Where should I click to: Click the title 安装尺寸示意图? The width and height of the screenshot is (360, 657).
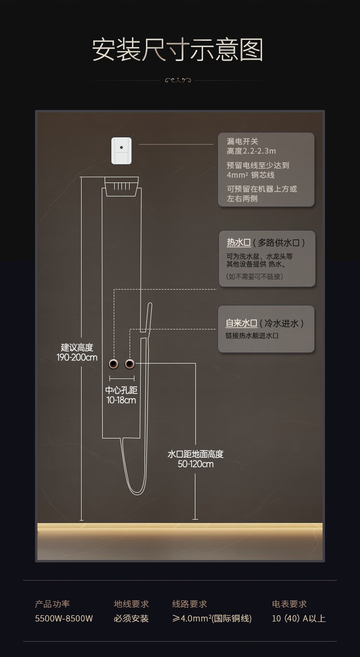[x=178, y=50]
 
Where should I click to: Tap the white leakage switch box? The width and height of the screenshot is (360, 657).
[x=121, y=150]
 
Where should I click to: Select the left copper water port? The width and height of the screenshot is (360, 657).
[x=114, y=364]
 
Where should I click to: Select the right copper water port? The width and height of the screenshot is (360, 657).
[x=129, y=364]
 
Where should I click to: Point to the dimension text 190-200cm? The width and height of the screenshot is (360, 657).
[x=77, y=357]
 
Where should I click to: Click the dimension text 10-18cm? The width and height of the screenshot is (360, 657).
[x=121, y=400]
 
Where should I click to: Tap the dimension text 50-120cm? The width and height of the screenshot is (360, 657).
[x=195, y=464]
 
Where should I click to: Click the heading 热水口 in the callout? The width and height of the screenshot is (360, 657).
[x=239, y=243]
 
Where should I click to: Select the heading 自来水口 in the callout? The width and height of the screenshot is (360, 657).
[x=241, y=323]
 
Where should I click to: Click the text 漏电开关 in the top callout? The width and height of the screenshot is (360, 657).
[x=242, y=141]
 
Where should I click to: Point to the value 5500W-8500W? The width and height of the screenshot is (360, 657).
[x=64, y=619]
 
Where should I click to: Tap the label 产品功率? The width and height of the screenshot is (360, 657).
[x=52, y=604]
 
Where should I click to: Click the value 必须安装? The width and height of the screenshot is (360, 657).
[x=131, y=619]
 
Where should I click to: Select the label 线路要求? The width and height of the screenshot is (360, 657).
[x=190, y=604]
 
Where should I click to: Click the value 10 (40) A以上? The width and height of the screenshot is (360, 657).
[x=299, y=619]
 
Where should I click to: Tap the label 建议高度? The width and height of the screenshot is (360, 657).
[x=77, y=347]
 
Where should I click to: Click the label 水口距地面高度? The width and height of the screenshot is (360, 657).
[x=195, y=454]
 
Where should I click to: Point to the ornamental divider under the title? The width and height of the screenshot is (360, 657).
[x=178, y=80]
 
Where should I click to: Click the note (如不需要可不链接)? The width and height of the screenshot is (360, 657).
[x=254, y=277]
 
